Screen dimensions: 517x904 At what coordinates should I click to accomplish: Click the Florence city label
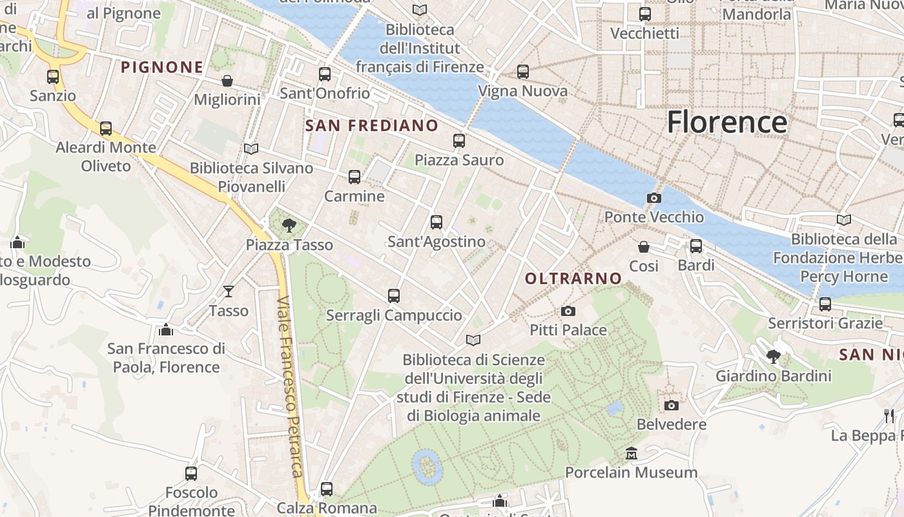(726, 122)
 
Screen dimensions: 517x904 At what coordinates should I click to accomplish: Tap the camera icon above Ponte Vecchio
(653, 198)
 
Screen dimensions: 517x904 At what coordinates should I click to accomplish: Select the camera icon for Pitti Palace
(568, 311)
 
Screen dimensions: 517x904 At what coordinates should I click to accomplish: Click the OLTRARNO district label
(573, 279)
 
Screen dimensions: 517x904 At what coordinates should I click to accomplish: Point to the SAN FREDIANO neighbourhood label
(371, 125)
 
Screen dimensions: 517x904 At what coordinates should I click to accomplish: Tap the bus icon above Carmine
(354, 177)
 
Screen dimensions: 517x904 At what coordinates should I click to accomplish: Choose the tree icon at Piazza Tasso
(289, 226)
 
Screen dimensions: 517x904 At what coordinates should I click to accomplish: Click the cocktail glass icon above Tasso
(229, 291)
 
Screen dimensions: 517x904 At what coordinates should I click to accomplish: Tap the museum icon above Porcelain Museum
(632, 454)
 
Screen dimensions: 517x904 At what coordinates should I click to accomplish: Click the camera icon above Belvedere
(672, 406)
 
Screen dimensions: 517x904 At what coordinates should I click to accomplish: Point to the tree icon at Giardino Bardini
(773, 356)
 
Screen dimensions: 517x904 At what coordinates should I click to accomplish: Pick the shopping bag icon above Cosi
(644, 247)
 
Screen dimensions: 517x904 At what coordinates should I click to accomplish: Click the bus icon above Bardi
(695, 246)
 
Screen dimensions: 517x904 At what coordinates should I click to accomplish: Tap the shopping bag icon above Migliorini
(227, 81)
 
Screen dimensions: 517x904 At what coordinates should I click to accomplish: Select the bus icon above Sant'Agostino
(437, 222)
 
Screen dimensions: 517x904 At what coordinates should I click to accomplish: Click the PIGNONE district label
(162, 67)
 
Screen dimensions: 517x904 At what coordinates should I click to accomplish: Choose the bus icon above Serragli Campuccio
(394, 296)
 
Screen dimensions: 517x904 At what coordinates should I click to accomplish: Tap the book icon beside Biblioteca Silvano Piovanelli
(251, 149)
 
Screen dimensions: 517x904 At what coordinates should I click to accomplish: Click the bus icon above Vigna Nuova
(523, 72)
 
